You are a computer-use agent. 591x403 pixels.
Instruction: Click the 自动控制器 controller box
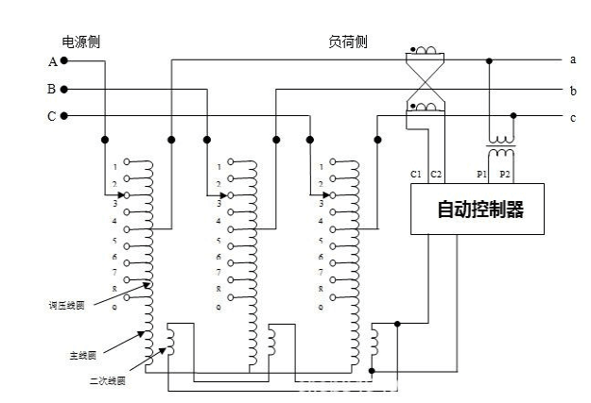coord(478,209)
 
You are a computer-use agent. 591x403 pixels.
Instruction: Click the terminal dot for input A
coord(64,60)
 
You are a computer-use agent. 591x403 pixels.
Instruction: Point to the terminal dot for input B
coord(64,90)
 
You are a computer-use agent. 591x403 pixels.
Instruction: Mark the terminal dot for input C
coord(64,116)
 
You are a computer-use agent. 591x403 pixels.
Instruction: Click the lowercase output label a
coord(573,60)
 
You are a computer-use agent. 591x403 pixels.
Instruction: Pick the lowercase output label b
coord(573,91)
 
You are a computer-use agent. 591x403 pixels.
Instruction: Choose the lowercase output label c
coord(573,117)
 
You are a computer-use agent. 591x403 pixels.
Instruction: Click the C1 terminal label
coord(417,175)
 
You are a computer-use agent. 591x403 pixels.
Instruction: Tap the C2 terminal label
coord(436,175)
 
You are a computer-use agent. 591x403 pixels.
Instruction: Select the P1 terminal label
coord(481,175)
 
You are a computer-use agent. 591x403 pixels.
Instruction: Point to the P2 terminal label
coord(504,175)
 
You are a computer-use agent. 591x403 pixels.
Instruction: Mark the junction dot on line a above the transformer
coord(489,60)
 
